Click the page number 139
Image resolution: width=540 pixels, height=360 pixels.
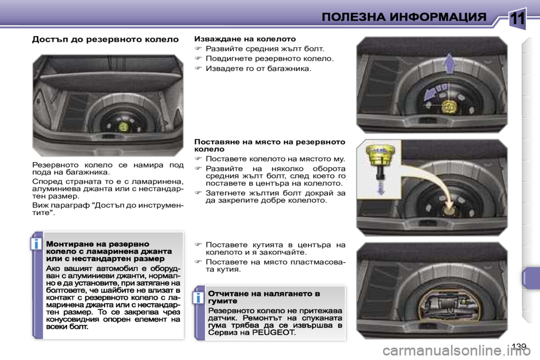tap(519, 345)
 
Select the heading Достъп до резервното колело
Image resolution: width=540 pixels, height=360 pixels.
tap(105, 39)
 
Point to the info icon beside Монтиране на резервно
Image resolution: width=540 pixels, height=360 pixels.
tap(37, 244)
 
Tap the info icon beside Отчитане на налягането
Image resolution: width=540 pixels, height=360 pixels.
tap(199, 297)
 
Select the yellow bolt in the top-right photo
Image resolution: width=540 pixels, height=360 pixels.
tap(449, 106)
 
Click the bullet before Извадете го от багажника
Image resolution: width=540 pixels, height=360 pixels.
tap(198, 69)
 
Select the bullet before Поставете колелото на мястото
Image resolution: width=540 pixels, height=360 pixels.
tap(198, 159)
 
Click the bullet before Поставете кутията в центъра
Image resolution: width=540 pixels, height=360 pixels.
tap(198, 245)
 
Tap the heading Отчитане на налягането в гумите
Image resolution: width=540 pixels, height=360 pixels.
tap(264, 297)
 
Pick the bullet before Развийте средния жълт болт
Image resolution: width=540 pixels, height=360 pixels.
tap(198, 49)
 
